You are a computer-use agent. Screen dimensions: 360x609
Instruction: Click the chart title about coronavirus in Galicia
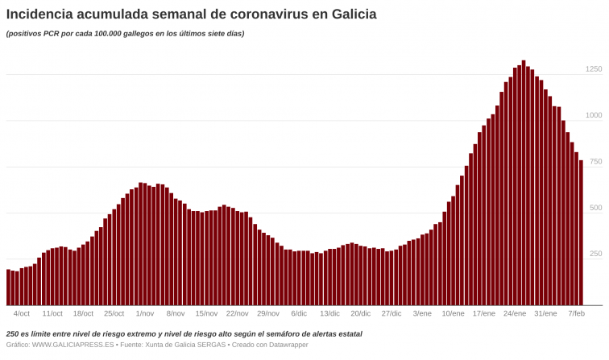tap(191, 14)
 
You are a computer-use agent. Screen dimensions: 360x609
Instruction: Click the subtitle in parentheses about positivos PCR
tap(125, 34)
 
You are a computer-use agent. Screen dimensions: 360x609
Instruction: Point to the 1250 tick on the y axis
tap(593, 69)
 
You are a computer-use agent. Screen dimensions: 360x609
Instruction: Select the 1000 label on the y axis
tap(593, 115)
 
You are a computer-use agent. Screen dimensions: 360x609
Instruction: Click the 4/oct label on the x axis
tap(22, 313)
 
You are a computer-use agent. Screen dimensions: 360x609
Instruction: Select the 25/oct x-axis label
tap(114, 313)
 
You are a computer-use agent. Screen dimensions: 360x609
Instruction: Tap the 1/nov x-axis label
tap(145, 313)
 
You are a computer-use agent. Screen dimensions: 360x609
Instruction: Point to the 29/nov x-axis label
tap(268, 313)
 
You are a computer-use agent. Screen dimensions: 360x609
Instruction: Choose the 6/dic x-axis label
tap(299, 313)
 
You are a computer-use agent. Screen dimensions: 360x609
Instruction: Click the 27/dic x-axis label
tap(391, 313)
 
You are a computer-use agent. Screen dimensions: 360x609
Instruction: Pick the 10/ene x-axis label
tap(453, 313)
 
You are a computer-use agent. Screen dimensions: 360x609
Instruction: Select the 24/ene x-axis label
tap(515, 313)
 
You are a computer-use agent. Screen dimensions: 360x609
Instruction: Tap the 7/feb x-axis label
tap(576, 313)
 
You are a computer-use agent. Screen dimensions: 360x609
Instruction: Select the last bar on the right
tap(581, 234)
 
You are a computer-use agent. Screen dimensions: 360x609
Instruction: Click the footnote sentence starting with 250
tap(184, 333)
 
